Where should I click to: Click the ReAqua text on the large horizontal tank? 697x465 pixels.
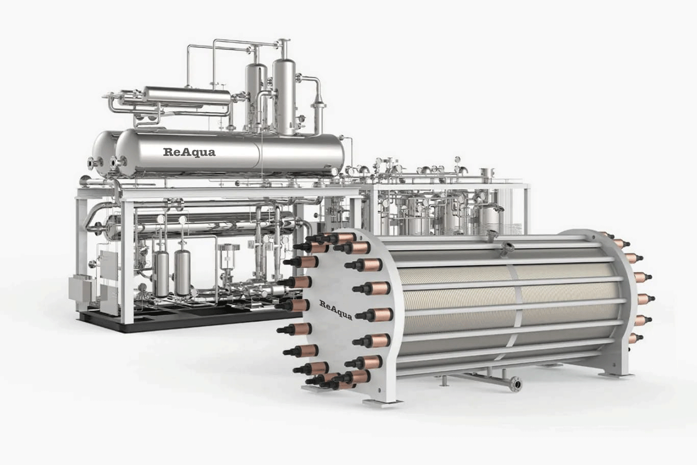point(189,152)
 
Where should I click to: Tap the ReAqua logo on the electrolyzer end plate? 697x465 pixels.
point(336,310)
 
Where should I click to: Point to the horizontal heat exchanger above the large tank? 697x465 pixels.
point(187,97)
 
